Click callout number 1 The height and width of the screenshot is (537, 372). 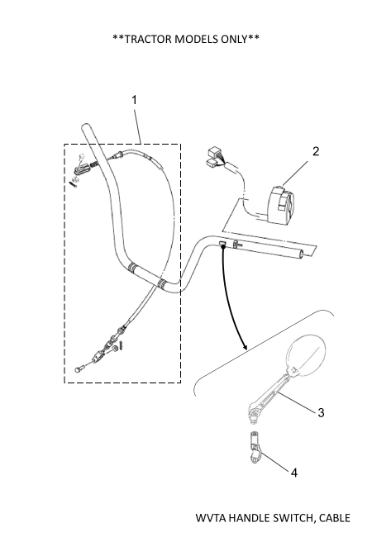[x=134, y=100]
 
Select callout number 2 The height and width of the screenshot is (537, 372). [x=316, y=151]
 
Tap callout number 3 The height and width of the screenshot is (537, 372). [x=321, y=412]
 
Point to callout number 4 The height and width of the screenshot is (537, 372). [x=294, y=473]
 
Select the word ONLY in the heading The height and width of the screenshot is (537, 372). [x=234, y=39]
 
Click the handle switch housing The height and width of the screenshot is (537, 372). [x=282, y=206]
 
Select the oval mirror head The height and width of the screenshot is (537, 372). [x=306, y=357]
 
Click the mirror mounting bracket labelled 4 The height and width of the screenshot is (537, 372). [x=255, y=447]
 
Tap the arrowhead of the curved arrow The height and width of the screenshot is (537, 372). [x=244, y=346]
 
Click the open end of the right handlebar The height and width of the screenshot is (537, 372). [x=300, y=254]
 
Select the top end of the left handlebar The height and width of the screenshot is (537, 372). [x=85, y=127]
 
